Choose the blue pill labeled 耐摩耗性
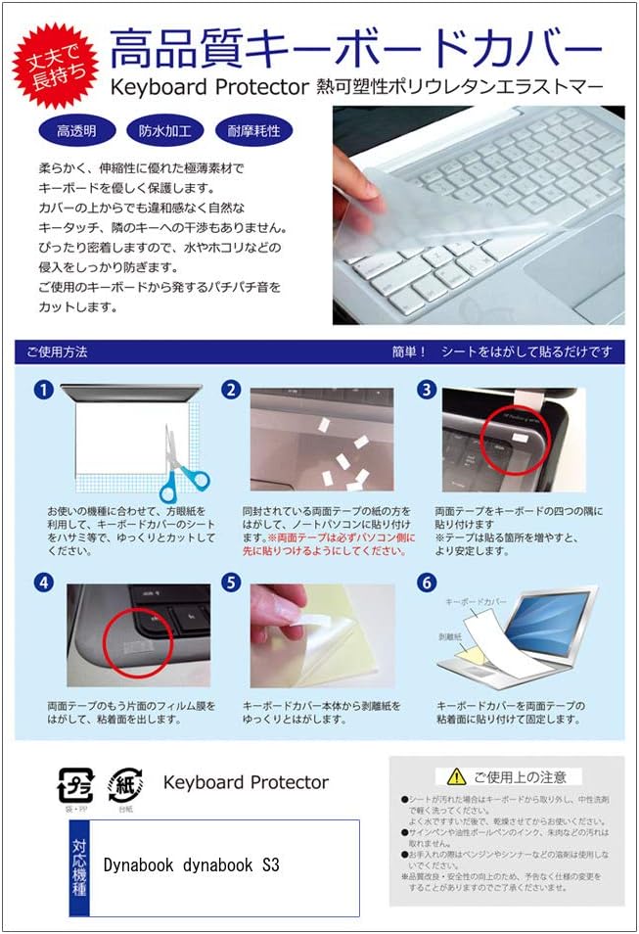[x=252, y=130]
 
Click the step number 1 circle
[x=43, y=391]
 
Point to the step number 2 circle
[x=232, y=391]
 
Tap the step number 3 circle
[x=426, y=391]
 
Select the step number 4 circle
[x=43, y=583]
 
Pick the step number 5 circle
[x=232, y=583]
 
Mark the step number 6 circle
[x=426, y=583]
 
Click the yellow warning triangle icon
[x=455, y=776]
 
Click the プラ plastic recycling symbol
[x=76, y=786]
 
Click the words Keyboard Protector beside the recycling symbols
[x=246, y=782]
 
